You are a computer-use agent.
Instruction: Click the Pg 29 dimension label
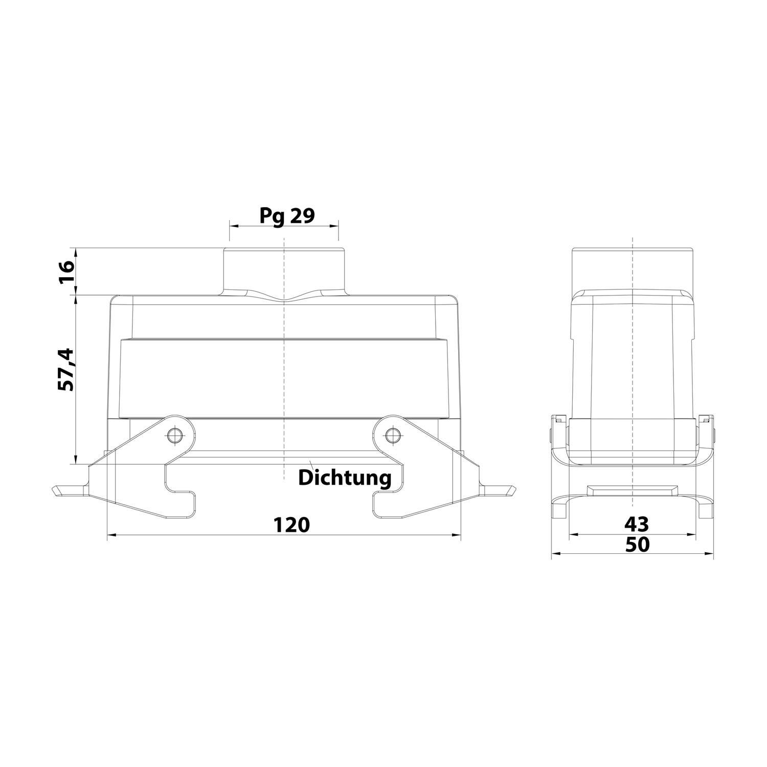point(286,216)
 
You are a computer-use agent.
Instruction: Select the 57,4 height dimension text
point(66,370)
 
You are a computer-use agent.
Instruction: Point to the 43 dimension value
point(637,524)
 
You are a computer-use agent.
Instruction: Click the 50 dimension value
point(637,545)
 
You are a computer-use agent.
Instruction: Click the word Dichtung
point(345,478)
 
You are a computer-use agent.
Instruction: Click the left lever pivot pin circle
point(174,436)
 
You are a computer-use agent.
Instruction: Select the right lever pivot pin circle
point(392,436)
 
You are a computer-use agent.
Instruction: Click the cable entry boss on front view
point(284,271)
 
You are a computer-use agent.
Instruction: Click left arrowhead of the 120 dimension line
point(110,535)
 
